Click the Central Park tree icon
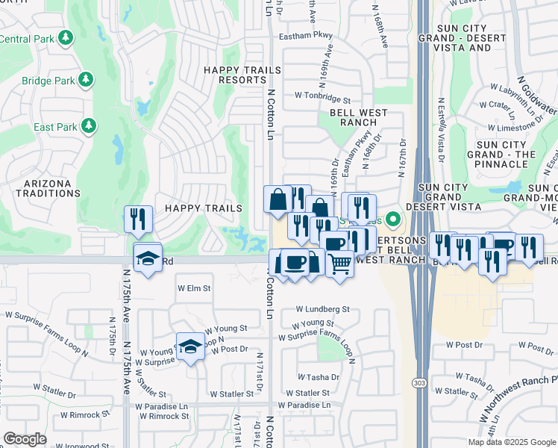66,37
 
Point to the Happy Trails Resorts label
243,75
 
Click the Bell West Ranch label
363,117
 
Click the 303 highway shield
418,382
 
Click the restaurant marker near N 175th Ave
138,219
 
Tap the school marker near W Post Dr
190,346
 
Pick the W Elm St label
194,287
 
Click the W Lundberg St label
322,308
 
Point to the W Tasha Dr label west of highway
319,378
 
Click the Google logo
25,439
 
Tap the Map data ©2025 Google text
512,442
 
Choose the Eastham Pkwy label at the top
305,35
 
